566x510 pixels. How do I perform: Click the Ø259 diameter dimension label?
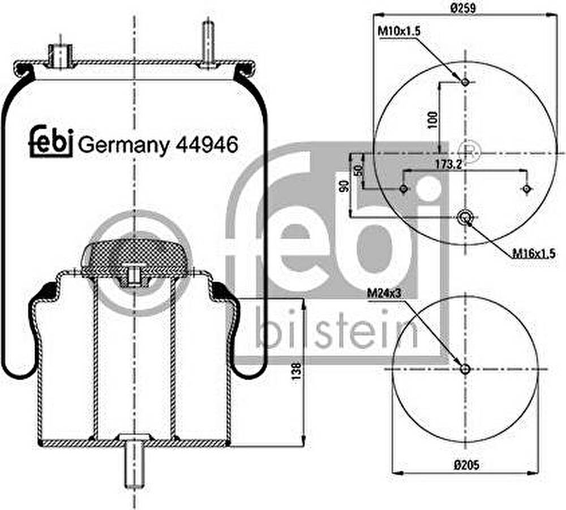[x=463, y=7]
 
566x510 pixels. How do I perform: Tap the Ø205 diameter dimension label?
[x=466, y=465]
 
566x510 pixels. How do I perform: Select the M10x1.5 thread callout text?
[x=398, y=31]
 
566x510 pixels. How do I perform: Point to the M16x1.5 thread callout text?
[x=534, y=254]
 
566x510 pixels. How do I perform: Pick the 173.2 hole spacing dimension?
[x=449, y=164]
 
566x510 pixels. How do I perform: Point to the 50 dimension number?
[x=358, y=170]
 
